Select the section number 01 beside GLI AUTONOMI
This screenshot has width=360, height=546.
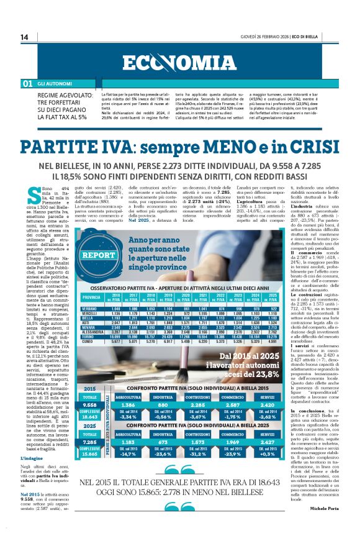[27, 83]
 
